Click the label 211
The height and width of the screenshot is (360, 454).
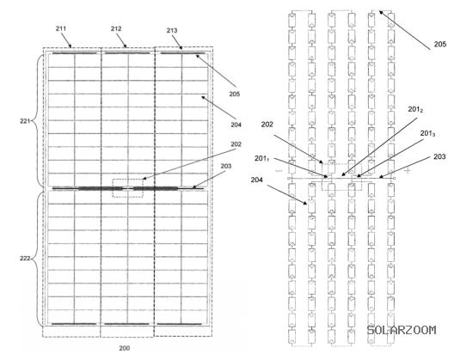tap(61, 28)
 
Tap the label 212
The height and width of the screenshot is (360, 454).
tap(116, 28)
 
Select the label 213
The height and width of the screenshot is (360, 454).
tap(172, 30)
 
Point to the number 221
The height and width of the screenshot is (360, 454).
tap(25, 121)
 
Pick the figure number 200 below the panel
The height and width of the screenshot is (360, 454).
tap(125, 348)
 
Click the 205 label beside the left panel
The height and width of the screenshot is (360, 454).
tap(234, 94)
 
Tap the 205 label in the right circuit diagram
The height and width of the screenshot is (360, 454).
tap(440, 45)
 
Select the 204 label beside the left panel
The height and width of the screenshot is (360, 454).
tap(236, 125)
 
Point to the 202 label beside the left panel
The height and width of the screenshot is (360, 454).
tap(236, 144)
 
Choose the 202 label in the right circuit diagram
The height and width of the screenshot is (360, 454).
tap(267, 125)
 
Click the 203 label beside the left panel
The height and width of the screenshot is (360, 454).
tap(226, 166)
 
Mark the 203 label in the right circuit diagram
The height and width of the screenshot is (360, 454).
tap(439, 156)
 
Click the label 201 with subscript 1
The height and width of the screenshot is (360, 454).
tap(262, 159)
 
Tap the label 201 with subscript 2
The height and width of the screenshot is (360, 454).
tap(415, 110)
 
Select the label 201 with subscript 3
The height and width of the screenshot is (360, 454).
tap(428, 133)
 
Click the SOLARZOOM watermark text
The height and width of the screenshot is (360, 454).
tap(402, 330)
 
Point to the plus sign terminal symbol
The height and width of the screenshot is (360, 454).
tap(408, 171)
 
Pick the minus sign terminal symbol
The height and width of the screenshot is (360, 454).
tap(279, 171)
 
